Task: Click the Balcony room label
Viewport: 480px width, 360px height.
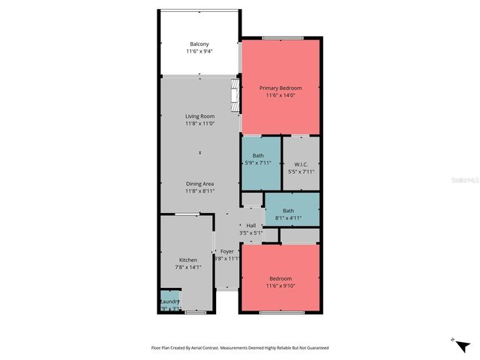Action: coord(199,43)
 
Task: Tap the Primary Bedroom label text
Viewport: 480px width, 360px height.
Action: coord(280,88)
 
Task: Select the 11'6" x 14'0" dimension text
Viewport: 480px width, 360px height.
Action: coord(280,95)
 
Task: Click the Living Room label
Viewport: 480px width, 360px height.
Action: coord(200,116)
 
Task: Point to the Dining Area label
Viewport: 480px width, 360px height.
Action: coord(200,184)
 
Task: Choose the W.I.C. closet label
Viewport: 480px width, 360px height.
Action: coord(301,163)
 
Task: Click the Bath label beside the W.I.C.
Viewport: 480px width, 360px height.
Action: coord(258,155)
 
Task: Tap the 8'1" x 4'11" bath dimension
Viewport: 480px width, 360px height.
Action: coord(288,219)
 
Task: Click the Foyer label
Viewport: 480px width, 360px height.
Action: coord(226,251)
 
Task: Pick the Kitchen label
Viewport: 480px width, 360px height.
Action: coord(187,260)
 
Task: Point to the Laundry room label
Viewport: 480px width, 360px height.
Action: coord(170,301)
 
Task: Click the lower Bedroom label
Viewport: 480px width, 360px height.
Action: coord(280,278)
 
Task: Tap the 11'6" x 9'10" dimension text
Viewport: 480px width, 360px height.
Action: coord(280,286)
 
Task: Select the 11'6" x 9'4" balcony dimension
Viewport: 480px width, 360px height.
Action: coord(199,51)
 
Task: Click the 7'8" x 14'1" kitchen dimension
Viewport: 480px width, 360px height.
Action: coord(187,268)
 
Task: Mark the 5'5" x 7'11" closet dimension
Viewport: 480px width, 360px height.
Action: coord(301,171)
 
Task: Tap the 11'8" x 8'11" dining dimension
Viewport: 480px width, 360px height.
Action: coord(200,191)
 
